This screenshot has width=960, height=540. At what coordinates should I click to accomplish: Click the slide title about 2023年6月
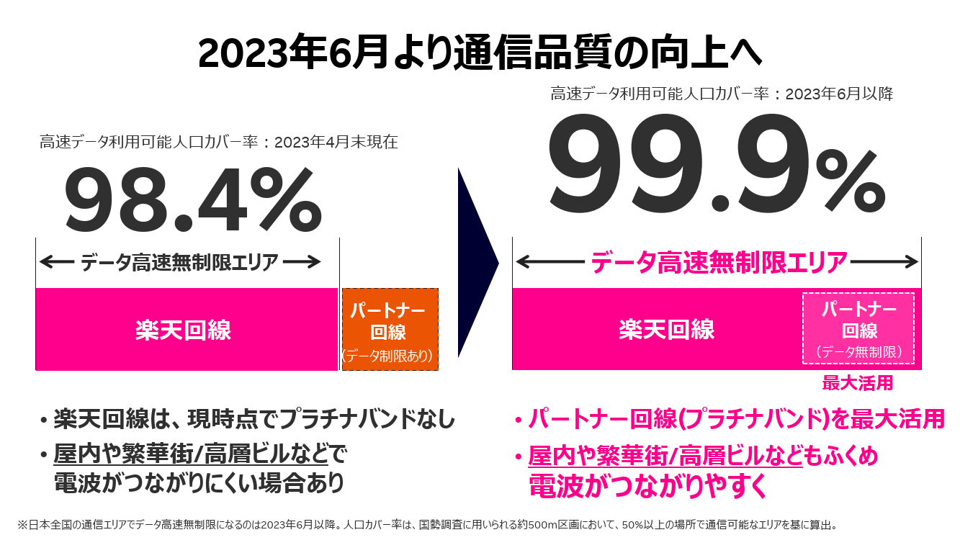coord(480,53)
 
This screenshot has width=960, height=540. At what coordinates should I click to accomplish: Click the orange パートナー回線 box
coord(389,330)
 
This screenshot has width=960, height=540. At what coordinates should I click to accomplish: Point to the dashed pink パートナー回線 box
coord(858,328)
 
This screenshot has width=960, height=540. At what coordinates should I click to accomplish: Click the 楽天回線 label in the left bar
coord(183,330)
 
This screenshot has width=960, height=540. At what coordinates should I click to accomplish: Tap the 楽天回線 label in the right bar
coord(666,329)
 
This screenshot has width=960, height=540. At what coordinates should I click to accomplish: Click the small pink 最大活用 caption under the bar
coord(857,383)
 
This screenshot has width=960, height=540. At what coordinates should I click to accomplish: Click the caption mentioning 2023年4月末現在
coord(218,142)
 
